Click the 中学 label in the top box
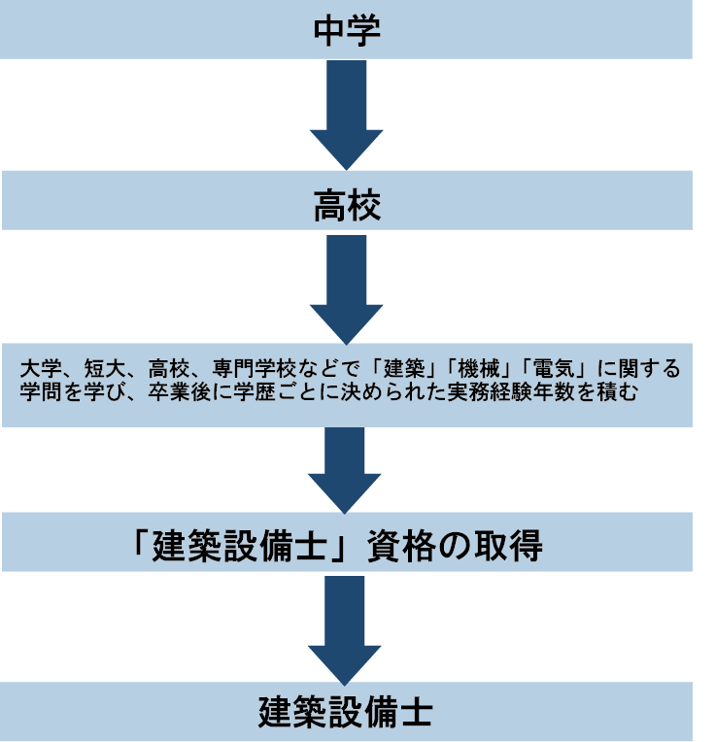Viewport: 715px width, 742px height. pos(346,31)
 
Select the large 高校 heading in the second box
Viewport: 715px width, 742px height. pos(346,204)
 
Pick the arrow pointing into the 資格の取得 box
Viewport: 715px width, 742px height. pos(346,467)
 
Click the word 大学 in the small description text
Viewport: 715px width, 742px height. pos(38,370)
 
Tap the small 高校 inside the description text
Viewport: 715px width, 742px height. pos(166,370)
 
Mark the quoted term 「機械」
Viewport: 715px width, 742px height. pos(485,370)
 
